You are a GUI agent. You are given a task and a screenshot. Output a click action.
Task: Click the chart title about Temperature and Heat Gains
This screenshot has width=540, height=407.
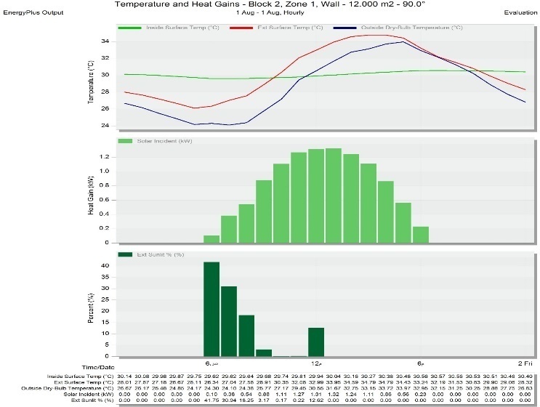pos(270,4)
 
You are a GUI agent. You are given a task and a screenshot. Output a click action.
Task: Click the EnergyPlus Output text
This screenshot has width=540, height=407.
pos(33,13)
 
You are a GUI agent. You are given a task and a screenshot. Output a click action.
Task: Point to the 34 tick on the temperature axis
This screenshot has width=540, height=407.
pos(105,41)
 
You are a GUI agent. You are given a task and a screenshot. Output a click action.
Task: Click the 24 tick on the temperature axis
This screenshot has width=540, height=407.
pos(105,125)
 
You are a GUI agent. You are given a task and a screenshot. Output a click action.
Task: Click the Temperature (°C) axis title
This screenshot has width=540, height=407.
pos(92,82)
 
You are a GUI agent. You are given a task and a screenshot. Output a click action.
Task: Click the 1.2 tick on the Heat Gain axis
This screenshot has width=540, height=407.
pos(104,157)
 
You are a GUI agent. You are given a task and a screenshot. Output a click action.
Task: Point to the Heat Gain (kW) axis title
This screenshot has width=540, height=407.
pos(92,193)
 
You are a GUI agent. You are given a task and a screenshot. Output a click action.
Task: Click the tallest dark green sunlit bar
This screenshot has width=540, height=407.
pos(211,309)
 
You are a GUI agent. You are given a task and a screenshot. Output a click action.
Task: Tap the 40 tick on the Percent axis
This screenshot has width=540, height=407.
pos(105,266)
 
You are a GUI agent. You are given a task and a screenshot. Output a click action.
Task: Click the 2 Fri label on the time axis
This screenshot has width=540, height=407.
pos(525,363)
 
